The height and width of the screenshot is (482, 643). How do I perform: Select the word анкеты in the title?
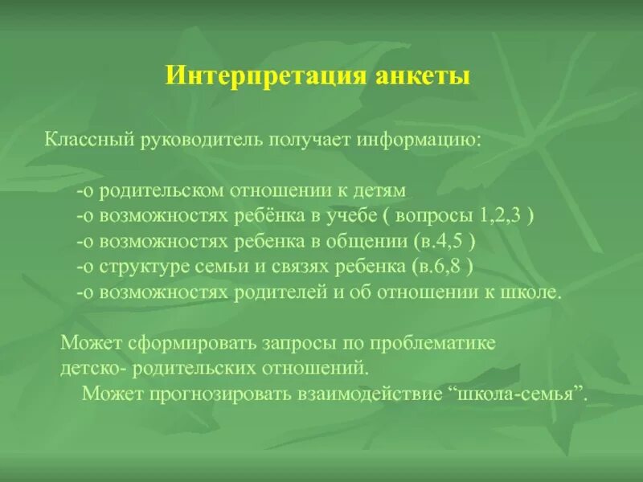coord(421,76)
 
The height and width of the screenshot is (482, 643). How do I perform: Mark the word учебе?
coord(348,217)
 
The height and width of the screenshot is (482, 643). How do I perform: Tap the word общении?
coord(367,242)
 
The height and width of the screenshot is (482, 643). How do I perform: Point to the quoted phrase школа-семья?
coord(516,394)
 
